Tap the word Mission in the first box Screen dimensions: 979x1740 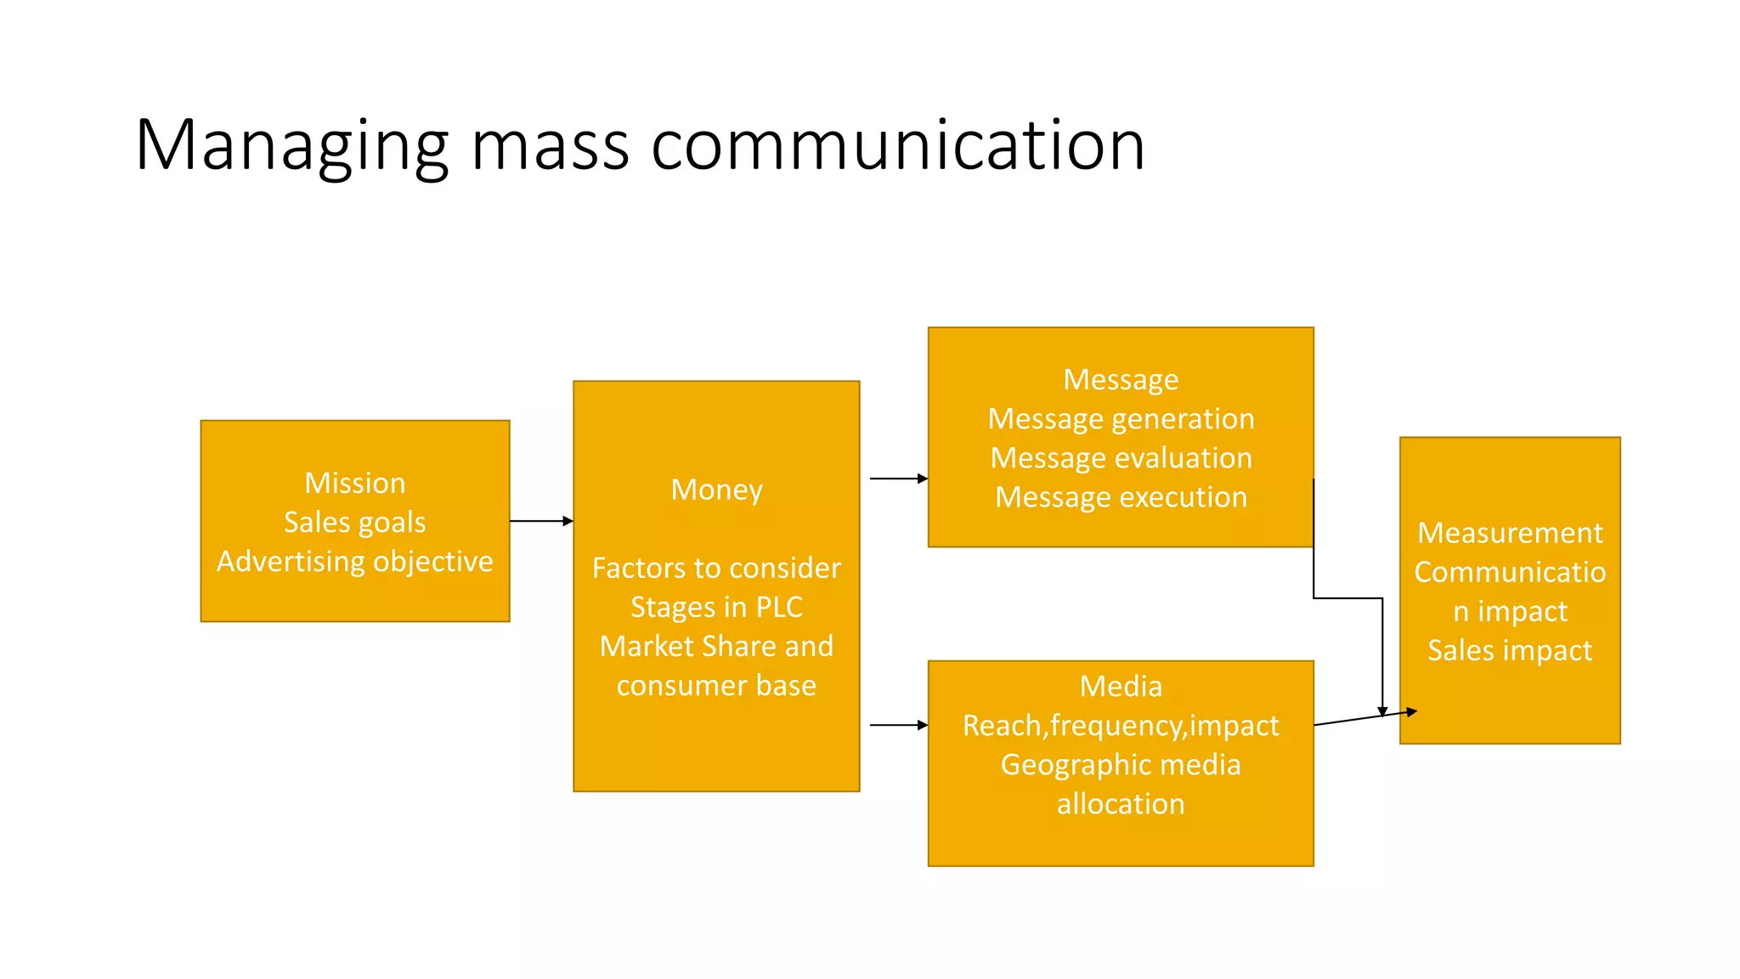[355, 483]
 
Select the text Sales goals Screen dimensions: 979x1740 [355, 522]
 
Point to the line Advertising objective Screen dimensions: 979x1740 [355, 561]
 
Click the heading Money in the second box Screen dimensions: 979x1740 [716, 489]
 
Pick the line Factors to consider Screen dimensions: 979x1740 [716, 568]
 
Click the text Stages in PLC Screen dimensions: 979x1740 [716, 607]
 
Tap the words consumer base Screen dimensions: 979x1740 [716, 685]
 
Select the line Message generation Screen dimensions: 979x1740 [1121, 418]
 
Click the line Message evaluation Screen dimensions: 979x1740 [1121, 457]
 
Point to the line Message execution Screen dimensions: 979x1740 [1121, 496]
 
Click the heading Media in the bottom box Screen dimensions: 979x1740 [1121, 686]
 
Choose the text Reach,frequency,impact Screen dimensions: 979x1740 [1121, 725]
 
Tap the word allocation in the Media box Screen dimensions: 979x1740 [1121, 803]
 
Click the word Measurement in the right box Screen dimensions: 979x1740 [1510, 533]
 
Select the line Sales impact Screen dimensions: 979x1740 [1510, 650]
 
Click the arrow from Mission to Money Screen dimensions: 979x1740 [541, 521]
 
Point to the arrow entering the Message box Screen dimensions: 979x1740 [899, 478]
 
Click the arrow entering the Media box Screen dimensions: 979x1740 [899, 725]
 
